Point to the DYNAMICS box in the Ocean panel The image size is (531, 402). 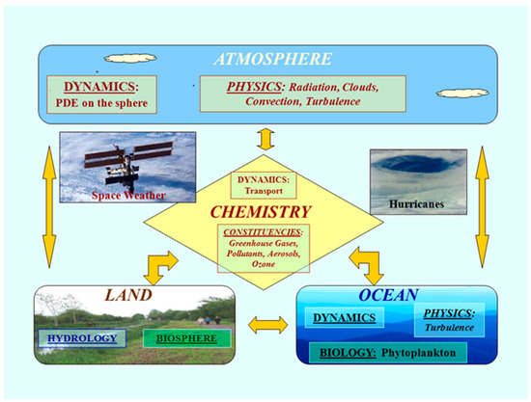(x=342, y=316)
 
